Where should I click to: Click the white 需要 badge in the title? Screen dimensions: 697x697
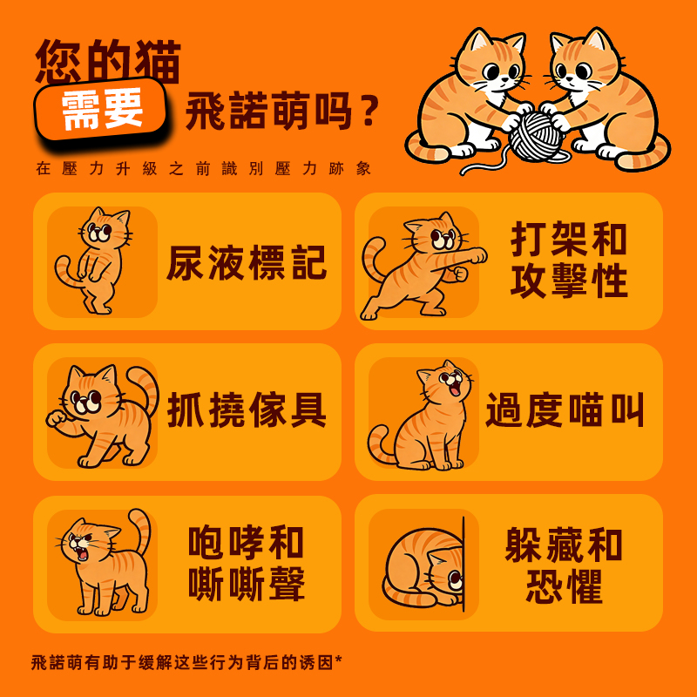point(103,112)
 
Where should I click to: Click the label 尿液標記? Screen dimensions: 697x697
point(247,262)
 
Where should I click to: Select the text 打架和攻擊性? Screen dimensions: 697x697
point(569,261)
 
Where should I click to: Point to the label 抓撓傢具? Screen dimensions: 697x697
point(247,410)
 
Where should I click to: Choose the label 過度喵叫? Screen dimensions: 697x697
point(565,410)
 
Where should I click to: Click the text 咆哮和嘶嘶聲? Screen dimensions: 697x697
point(247,564)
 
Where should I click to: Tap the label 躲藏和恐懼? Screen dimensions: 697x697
point(564,564)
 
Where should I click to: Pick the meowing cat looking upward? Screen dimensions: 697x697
point(424,416)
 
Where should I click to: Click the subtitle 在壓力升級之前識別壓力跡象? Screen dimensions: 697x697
point(204,168)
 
